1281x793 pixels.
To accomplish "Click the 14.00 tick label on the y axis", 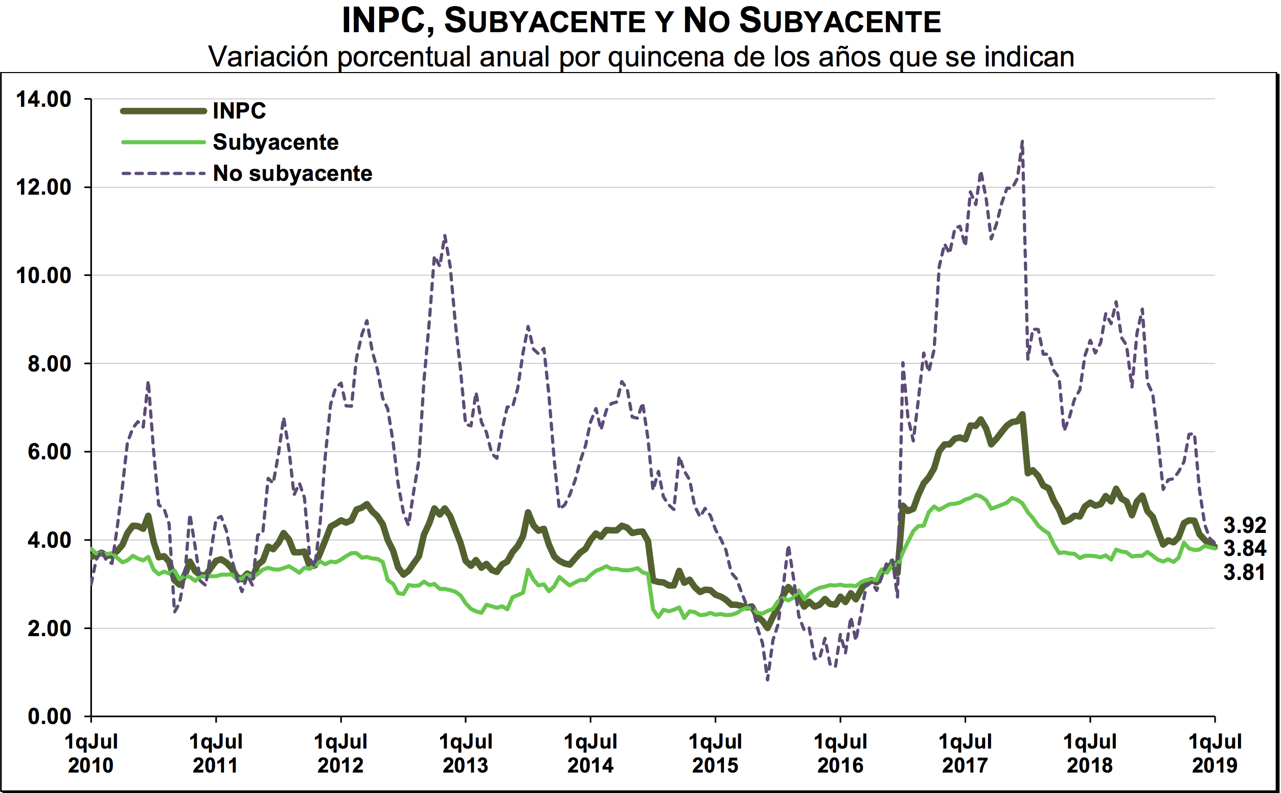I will coord(43,99).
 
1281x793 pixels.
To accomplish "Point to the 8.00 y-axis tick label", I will coord(49,363).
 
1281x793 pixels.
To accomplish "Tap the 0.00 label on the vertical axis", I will coord(49,716).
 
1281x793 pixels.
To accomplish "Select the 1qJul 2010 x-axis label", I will coord(91,753).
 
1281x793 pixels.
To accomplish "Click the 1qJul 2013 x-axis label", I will coord(465,753).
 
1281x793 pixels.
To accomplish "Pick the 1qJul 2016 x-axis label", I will coord(840,753).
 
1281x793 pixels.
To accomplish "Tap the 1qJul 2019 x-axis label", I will coord(1215,753).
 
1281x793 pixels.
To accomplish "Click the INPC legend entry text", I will coord(239,111).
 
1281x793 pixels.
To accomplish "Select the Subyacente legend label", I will coord(276,142).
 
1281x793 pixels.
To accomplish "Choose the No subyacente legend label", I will coord(292,173).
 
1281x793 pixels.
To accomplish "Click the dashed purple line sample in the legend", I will coord(163,173).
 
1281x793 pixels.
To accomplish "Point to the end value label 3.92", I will coord(1245,525).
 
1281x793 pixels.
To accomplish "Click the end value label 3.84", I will coord(1245,548).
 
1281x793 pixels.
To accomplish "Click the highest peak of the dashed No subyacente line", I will coord(1022,141).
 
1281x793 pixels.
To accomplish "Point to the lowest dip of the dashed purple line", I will coord(767,680).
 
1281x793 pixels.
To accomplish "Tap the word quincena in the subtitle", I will coord(667,57).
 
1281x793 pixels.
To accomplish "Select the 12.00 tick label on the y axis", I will coord(43,187).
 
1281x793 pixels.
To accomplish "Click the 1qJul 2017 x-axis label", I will coord(965,753).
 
